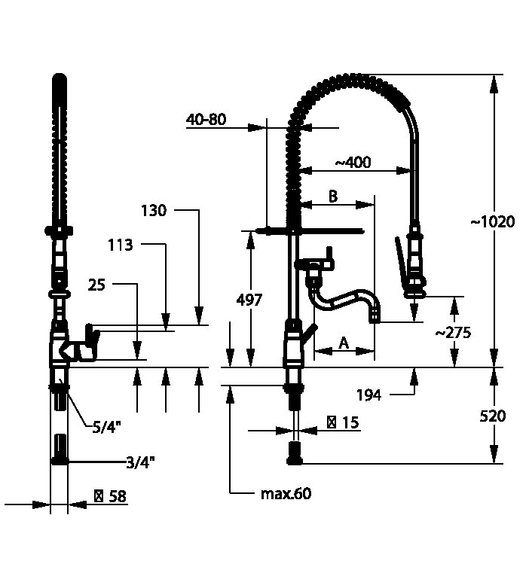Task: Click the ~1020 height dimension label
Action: click(492, 222)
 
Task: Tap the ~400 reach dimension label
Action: click(353, 163)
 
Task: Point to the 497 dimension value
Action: click(249, 300)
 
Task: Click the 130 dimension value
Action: click(153, 211)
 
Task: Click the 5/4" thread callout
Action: click(107, 427)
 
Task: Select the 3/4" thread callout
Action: click(141, 462)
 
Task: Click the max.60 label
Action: click(286, 494)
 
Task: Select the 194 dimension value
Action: click(369, 395)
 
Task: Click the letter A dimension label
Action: click(343, 343)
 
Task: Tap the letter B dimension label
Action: click(332, 196)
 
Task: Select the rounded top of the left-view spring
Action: click(60, 78)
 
